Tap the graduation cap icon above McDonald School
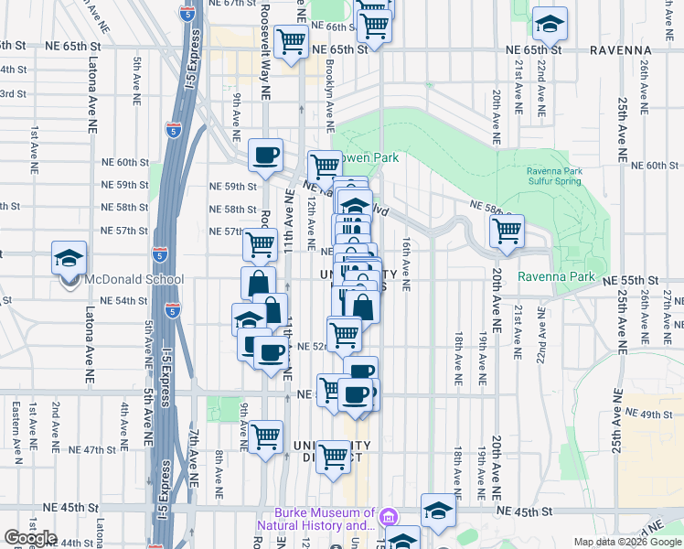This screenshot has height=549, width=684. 69,258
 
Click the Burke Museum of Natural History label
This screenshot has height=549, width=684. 326,520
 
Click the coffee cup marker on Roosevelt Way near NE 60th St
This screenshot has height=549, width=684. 265,156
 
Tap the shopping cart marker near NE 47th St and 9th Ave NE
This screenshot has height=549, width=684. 265,436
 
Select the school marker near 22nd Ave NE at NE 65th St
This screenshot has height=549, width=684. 550,24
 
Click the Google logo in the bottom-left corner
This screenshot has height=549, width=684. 30,537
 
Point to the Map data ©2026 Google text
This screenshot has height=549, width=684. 627,542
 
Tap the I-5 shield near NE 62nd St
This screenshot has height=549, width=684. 174,129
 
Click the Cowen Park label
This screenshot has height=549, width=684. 370,158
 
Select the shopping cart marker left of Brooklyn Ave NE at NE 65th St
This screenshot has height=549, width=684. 291,40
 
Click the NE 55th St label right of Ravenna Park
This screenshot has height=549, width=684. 639,277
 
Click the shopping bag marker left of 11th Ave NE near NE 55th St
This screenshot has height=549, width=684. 258,283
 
